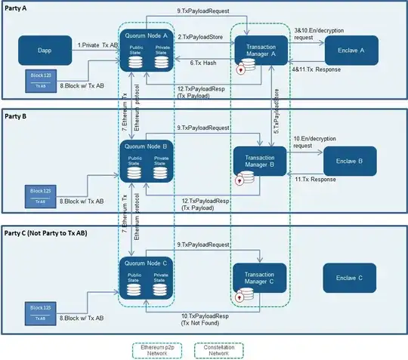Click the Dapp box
(x=44, y=51)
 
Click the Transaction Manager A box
(x=261, y=50)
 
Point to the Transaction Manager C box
(x=261, y=277)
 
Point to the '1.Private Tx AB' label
(x=97, y=45)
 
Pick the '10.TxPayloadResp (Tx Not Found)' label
(x=202, y=319)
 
